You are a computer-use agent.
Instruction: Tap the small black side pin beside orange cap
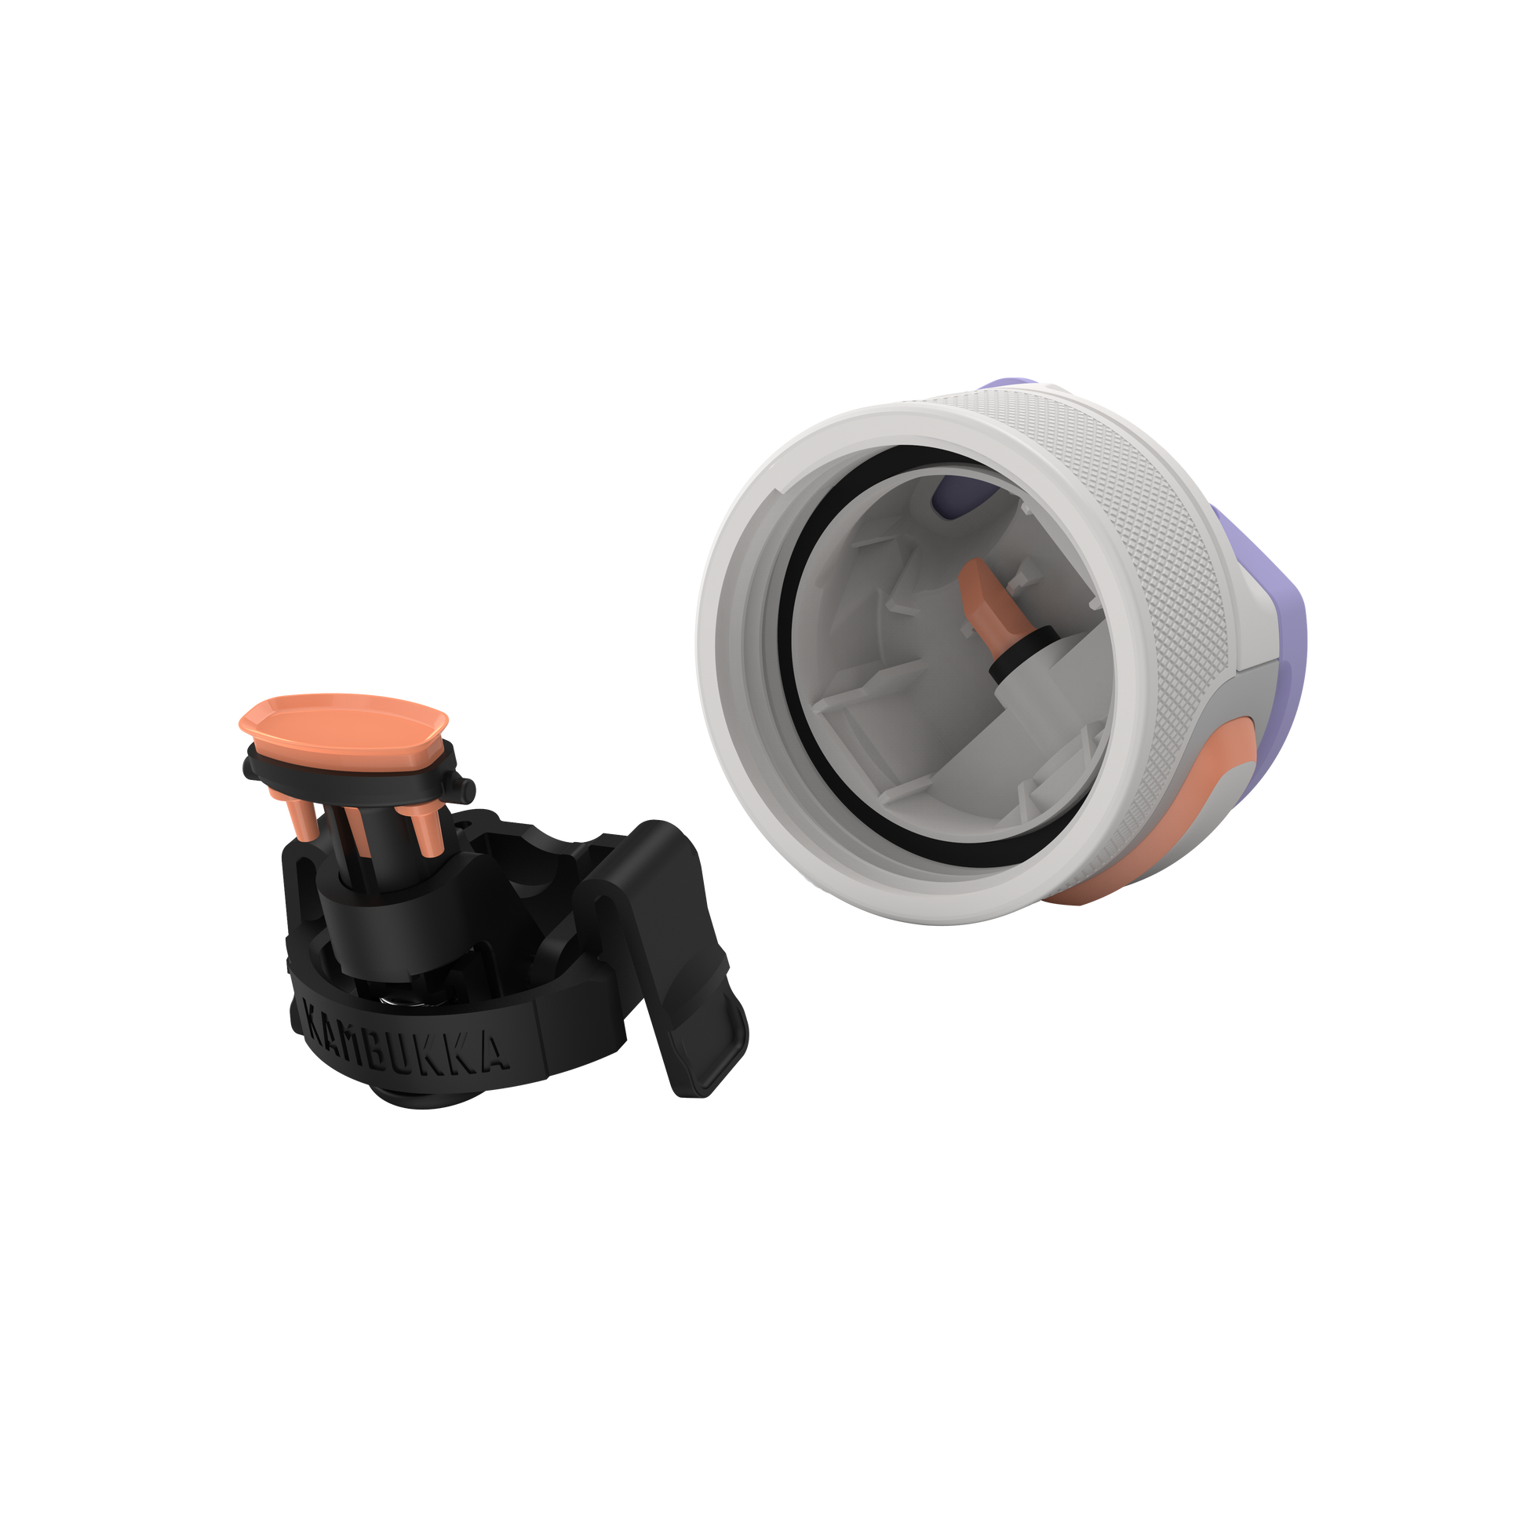463,787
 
